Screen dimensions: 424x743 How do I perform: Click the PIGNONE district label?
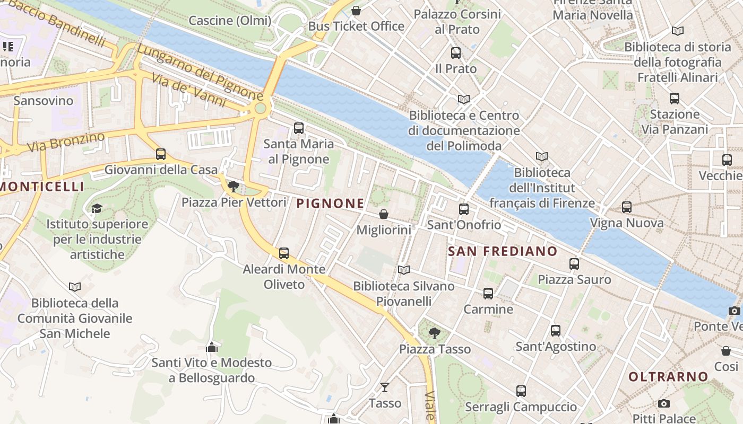coord(330,203)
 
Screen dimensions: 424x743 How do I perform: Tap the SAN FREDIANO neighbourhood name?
coord(502,251)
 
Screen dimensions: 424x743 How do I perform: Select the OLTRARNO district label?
coord(668,377)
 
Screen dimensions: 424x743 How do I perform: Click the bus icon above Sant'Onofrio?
coord(464,209)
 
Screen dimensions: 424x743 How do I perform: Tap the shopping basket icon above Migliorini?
coord(383,214)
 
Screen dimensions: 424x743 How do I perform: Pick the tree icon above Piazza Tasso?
coord(435,333)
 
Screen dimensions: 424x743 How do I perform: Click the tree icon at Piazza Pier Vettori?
coord(233,186)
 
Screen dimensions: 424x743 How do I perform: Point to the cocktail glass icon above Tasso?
coord(385,387)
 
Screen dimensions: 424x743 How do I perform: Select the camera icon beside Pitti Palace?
coord(663,404)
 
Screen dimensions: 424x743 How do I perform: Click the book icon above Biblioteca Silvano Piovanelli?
coord(404,270)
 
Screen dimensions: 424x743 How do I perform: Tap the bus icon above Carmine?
coord(488,293)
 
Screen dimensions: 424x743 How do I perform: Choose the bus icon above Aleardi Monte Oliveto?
coord(284,253)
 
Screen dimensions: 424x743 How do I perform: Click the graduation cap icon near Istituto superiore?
coord(97,208)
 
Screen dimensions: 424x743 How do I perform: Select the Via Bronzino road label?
coord(66,142)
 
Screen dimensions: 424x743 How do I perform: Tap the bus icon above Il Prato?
coord(456,53)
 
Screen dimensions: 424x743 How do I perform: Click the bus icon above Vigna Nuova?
coord(627,207)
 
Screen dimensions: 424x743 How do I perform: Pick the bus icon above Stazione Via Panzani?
coord(675,99)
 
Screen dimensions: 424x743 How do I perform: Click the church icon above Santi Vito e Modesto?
coord(212,347)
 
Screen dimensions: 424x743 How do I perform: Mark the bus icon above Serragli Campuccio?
coord(521,391)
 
